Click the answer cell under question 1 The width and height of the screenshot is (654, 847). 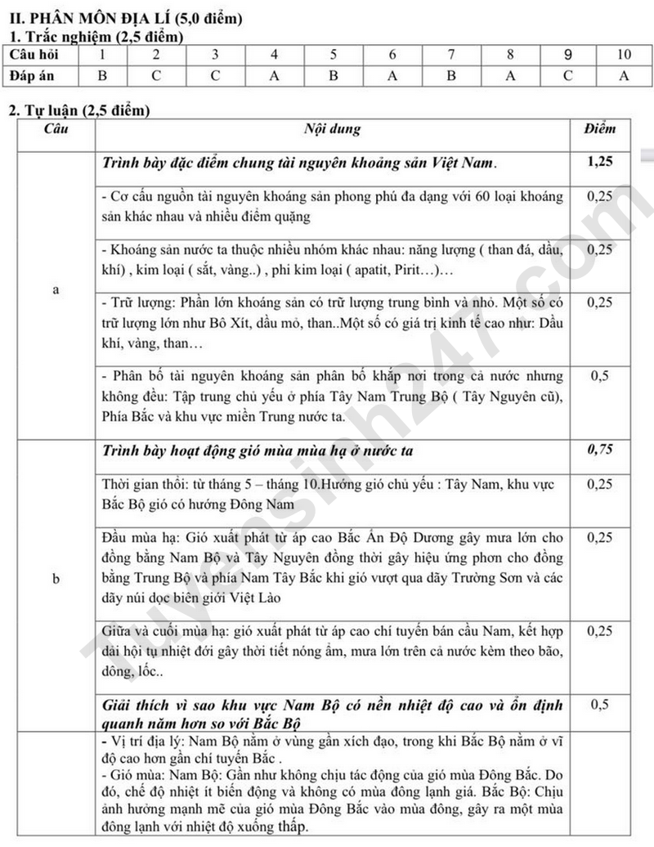pos(102,76)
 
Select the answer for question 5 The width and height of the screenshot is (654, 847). pos(334,76)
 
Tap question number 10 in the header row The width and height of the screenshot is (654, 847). pos(624,56)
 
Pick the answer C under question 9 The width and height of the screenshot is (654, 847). pos(567,76)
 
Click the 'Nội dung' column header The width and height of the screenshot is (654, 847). pos(332,129)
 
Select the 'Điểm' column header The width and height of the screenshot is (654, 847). pos(601,129)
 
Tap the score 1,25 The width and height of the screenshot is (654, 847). pos(601,162)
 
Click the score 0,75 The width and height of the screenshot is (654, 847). pos(601,449)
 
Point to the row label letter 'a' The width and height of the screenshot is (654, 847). pos(56,289)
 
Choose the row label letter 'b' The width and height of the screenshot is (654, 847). pos(56,579)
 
